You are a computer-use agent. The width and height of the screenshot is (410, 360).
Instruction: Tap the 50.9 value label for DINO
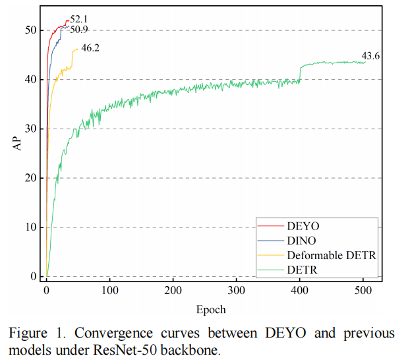click(79, 30)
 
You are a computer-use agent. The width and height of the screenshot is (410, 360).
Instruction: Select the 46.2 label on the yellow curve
click(90, 48)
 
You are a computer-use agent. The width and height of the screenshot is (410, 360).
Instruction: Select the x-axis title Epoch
click(211, 309)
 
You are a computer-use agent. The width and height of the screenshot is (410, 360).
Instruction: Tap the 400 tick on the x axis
click(300, 290)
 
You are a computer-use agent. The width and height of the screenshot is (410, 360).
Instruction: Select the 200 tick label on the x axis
click(173, 290)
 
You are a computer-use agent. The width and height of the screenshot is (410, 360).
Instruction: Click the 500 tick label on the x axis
click(363, 290)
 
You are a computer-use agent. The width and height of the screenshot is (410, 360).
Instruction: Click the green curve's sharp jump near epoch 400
click(300, 73)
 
